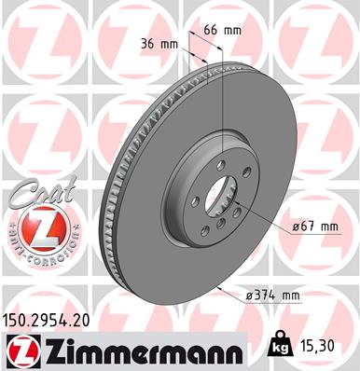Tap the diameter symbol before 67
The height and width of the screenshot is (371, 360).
tap(296, 227)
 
